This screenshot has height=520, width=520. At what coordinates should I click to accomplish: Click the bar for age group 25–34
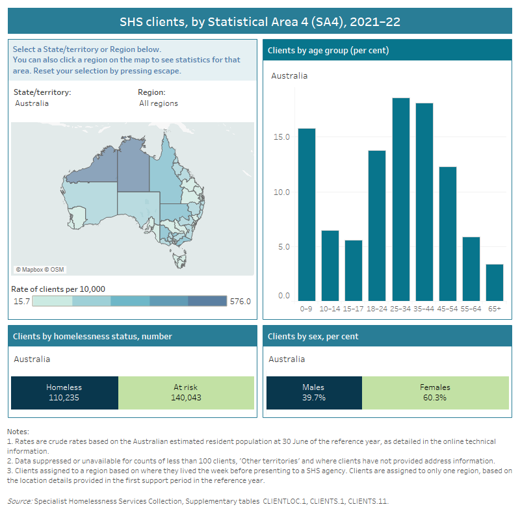pyautogui.click(x=401, y=199)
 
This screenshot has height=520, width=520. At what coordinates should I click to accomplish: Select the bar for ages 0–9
pyautogui.click(x=307, y=214)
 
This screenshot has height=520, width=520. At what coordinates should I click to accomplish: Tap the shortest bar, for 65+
pyautogui.click(x=494, y=282)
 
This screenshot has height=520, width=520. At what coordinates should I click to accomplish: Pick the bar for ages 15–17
pyautogui.click(x=354, y=270)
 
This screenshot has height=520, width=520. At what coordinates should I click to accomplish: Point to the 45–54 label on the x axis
pyautogui.click(x=447, y=308)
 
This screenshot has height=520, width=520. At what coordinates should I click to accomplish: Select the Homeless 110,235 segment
pyautogui.click(x=64, y=393)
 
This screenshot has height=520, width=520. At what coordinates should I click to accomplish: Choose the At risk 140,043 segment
pyautogui.click(x=186, y=393)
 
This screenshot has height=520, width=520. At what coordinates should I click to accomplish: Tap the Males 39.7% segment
pyautogui.click(x=314, y=393)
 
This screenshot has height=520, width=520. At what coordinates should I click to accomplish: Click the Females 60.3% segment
pyautogui.click(x=435, y=393)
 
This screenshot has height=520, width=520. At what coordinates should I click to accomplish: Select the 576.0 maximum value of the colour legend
pyautogui.click(x=240, y=301)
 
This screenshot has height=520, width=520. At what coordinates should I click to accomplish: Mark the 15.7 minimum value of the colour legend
pyautogui.click(x=21, y=301)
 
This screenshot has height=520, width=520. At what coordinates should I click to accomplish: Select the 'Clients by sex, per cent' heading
pyautogui.click(x=313, y=336)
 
